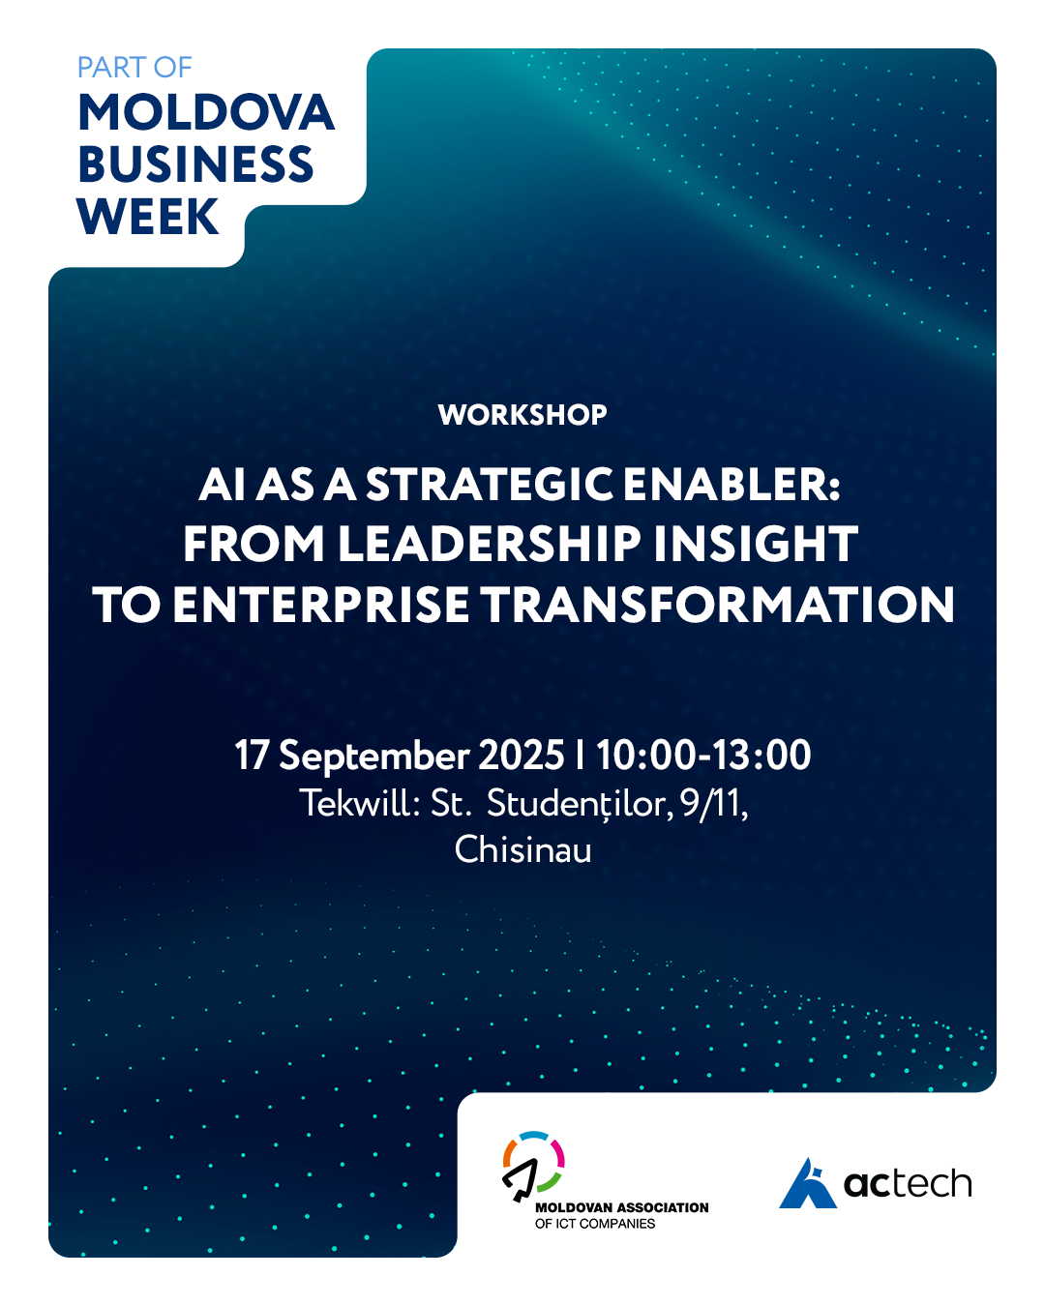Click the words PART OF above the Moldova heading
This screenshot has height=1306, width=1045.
pyautogui.click(x=134, y=68)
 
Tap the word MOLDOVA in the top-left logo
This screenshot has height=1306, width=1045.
pyautogui.click(x=206, y=113)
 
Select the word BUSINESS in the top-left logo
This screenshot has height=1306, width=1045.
pyautogui.click(x=195, y=164)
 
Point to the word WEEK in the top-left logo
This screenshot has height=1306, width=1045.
pyautogui.click(x=147, y=216)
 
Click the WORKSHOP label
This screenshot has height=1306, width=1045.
pyautogui.click(x=522, y=415)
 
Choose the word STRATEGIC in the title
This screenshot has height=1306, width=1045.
pyautogui.click(x=489, y=486)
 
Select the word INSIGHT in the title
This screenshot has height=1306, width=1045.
pyautogui.click(x=756, y=545)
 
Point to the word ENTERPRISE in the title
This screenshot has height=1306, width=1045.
pyautogui.click(x=321, y=605)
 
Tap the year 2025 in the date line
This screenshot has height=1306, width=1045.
pyautogui.click(x=522, y=756)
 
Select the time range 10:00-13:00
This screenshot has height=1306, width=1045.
pyautogui.click(x=703, y=756)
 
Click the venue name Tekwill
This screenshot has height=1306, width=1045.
pyautogui.click(x=354, y=804)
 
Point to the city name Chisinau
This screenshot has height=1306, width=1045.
pyautogui.click(x=522, y=849)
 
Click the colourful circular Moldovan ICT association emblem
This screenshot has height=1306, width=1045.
pyautogui.click(x=532, y=1166)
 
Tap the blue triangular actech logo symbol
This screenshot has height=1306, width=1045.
pyautogui.click(x=808, y=1183)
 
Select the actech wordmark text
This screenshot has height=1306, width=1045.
pyautogui.click(x=908, y=1183)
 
